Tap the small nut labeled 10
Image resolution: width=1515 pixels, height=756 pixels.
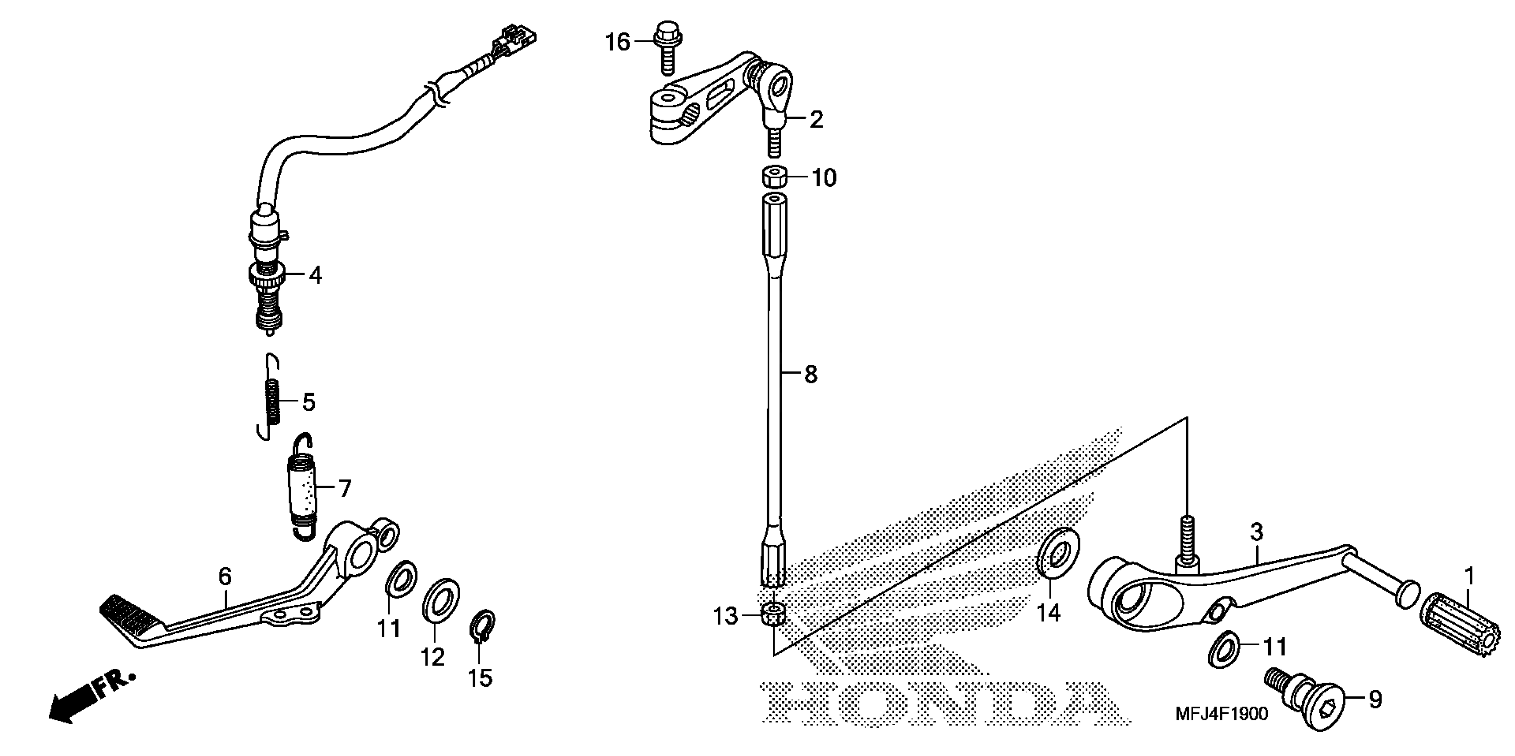click(x=775, y=177)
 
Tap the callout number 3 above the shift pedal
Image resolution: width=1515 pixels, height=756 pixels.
click(x=1256, y=532)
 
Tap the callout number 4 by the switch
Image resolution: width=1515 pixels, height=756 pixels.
click(x=316, y=275)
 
